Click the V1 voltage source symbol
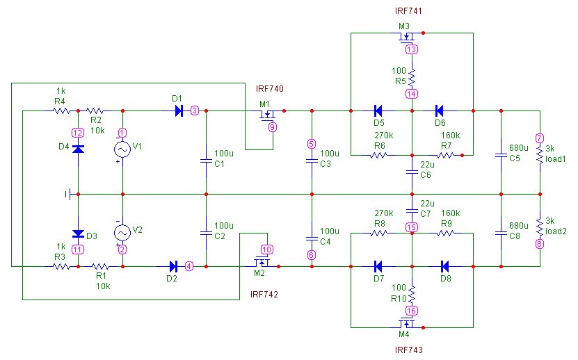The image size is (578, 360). [x=122, y=149]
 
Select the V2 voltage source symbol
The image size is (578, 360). [x=122, y=232]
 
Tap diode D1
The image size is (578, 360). [x=179, y=110]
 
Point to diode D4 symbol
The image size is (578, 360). [x=78, y=148]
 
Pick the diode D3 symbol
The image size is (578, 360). [x=78, y=234]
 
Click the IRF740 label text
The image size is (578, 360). [x=270, y=90]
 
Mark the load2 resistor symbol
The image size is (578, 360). [x=540, y=226]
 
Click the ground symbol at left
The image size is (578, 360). [x=69, y=194]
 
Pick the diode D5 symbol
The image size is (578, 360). [x=378, y=110]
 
